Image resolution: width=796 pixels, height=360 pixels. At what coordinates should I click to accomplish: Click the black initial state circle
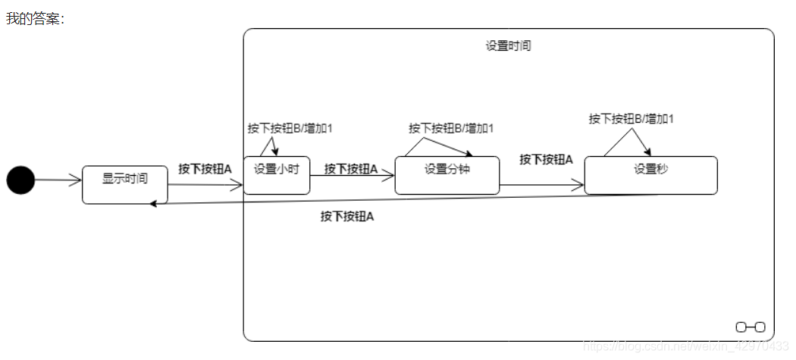(20, 180)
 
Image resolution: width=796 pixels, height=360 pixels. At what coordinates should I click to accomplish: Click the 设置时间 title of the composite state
(508, 45)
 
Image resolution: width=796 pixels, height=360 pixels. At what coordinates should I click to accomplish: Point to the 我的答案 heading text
(35, 18)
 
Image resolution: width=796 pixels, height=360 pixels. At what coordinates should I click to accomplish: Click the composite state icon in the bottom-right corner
(750, 327)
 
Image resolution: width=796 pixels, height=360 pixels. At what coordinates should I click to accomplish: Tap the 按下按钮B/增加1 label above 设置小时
(290, 128)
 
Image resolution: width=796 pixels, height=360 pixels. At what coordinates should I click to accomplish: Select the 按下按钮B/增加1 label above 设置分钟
(451, 128)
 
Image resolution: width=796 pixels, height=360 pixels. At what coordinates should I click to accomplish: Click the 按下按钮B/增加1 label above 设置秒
(631, 118)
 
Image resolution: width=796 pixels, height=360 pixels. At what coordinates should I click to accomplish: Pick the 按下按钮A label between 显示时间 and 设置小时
(205, 169)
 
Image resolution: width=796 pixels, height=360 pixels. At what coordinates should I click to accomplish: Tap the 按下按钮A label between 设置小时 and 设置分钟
(351, 169)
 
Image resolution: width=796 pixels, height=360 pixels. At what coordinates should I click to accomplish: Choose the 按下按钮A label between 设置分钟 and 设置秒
(546, 159)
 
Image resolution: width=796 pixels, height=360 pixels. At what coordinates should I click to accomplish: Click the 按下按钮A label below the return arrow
(347, 217)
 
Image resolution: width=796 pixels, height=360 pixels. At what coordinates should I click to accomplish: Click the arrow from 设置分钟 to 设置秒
(542, 185)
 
